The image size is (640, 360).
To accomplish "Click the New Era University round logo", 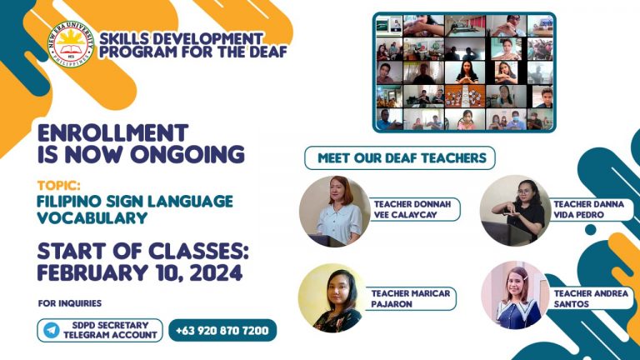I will (71, 45).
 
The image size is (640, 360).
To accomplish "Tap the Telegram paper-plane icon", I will (52, 330).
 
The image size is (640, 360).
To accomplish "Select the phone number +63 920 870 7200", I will (222, 331).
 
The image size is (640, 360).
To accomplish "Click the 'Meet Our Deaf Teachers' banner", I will (401, 157).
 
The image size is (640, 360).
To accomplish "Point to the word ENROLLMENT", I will (114, 133).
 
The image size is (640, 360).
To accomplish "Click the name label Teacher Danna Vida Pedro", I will (582, 209).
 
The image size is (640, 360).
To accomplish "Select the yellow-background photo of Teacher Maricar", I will (334, 298).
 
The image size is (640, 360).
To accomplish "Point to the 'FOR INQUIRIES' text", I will (70, 302).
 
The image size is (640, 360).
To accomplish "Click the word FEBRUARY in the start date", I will (94, 273).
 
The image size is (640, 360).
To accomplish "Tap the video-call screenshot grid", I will (463, 72).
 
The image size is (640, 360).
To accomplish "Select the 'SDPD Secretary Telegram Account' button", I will (100, 330).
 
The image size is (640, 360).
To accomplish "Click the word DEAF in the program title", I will (266, 52).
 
